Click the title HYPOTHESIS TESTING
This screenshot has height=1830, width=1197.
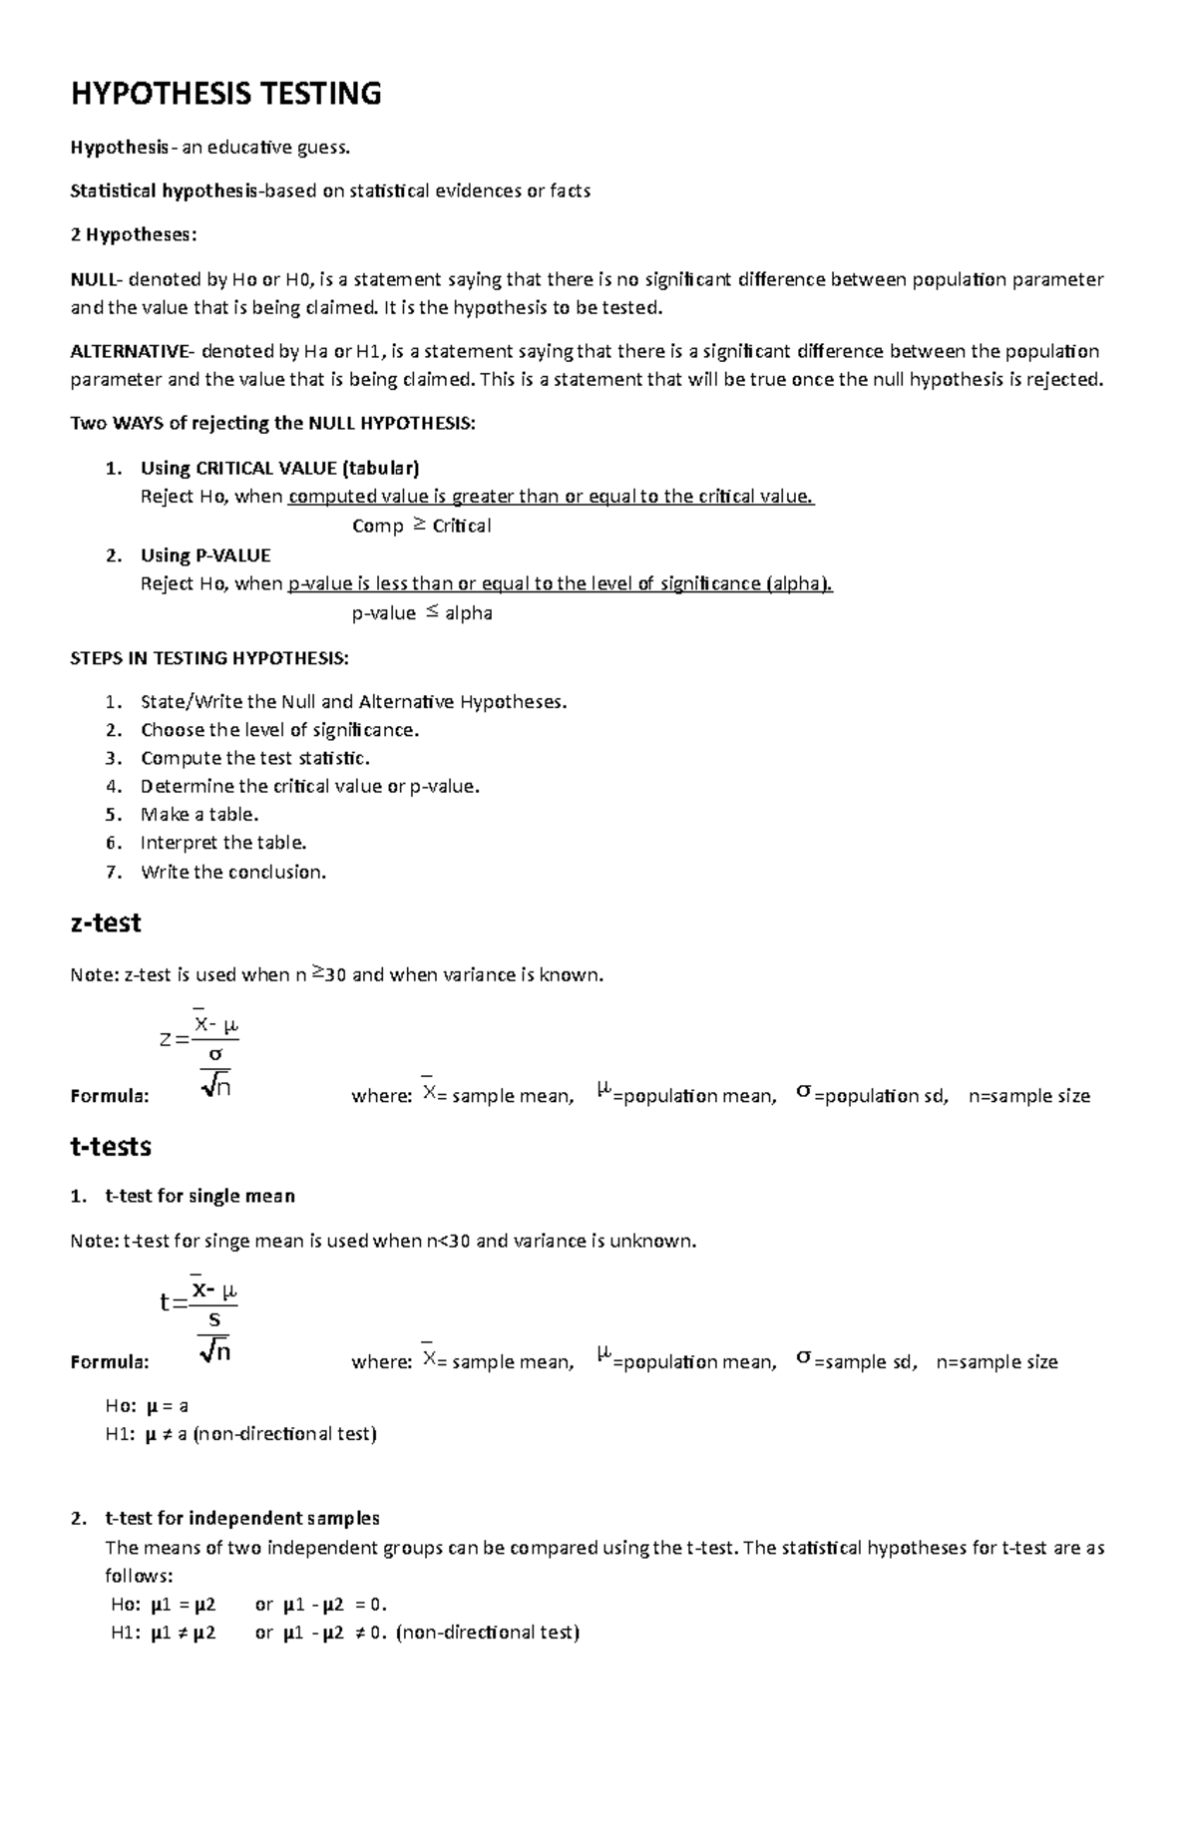225,94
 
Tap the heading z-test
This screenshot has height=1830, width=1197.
106,922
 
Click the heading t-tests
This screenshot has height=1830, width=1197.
111,1147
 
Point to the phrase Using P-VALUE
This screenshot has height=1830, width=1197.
205,555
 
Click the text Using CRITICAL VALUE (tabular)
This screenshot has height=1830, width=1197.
279,468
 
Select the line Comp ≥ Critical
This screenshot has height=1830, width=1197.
421,526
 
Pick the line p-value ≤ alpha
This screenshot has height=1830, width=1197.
422,613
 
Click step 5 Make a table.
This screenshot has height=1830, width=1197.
199,815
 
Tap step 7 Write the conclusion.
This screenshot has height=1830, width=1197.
233,873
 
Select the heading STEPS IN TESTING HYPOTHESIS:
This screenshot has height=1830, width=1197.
209,658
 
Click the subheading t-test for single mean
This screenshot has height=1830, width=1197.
199,1196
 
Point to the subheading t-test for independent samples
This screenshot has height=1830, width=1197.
241,1519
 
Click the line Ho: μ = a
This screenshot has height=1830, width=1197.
148,1406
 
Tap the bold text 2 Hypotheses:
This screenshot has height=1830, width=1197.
134,235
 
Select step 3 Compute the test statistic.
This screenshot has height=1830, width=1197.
254,758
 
